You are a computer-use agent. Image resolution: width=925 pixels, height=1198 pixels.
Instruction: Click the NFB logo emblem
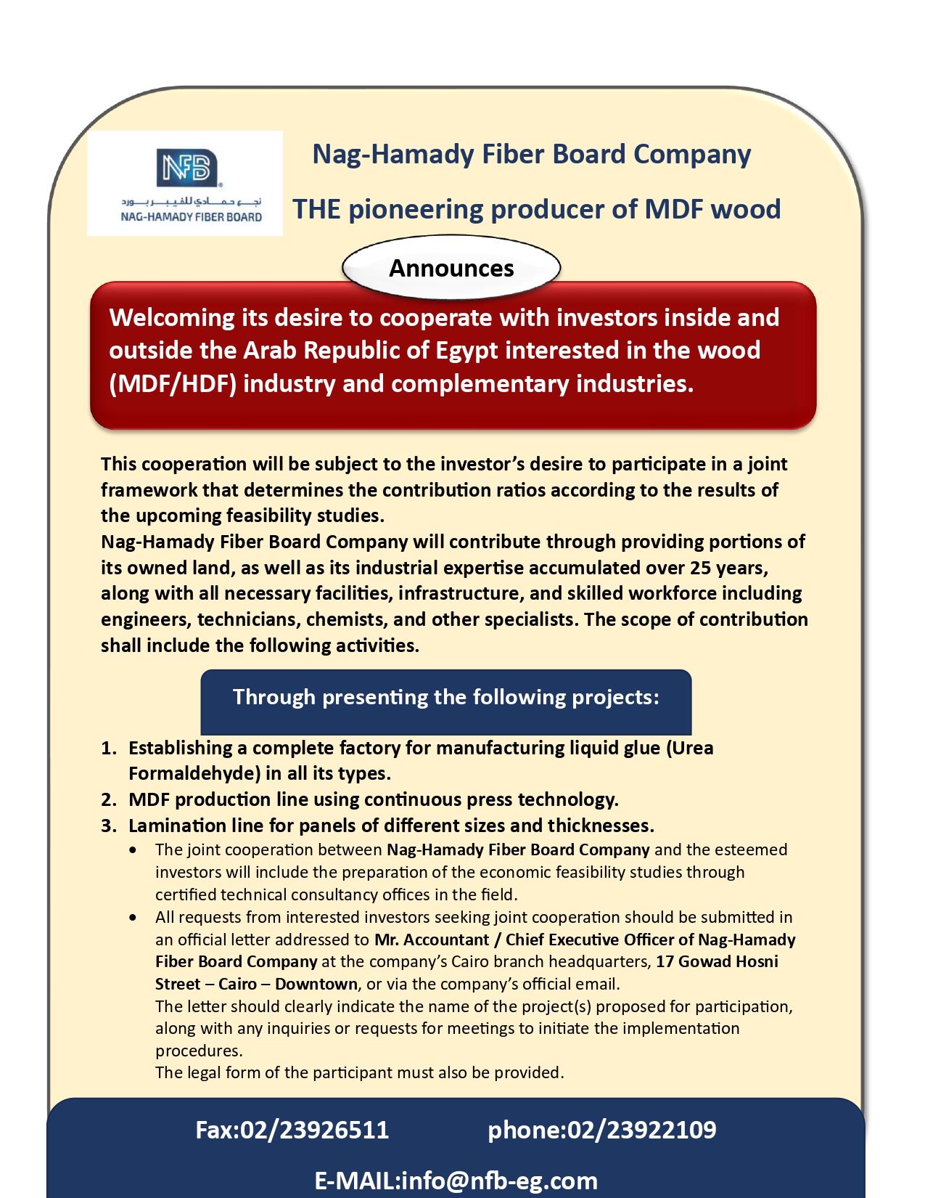coord(187,167)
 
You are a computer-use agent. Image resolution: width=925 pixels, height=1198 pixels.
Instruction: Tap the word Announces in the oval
coord(451,268)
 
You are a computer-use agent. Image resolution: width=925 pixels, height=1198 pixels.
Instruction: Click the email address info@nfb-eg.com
coord(499,1181)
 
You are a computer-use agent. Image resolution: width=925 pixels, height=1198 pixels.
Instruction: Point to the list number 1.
coord(108,748)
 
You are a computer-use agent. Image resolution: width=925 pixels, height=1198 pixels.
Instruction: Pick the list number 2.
coord(108,799)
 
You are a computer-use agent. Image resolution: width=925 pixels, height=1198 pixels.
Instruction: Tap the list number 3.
coord(108,826)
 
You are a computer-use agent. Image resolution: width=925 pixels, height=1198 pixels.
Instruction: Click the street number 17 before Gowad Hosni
coord(665,961)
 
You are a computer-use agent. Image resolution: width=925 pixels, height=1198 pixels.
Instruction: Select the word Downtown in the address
coord(316,984)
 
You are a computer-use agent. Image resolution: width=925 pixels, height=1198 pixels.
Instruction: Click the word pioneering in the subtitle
coord(416,209)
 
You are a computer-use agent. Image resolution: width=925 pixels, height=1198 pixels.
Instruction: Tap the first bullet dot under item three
coord(133,849)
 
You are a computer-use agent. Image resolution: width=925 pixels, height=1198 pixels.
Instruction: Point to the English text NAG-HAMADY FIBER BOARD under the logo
coord(191,216)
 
